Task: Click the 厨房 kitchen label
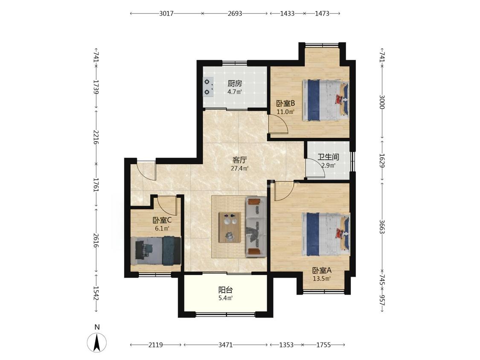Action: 235,83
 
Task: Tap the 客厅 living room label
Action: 240,160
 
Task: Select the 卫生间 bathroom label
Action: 328,157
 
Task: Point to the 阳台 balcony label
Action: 226,290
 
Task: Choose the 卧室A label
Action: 322,270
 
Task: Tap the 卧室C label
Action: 162,220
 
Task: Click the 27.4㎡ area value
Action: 239,168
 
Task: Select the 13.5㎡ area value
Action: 322,279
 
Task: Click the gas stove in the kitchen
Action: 209,87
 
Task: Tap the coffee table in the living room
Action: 230,227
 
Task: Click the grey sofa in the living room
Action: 256,226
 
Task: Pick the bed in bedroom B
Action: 326,100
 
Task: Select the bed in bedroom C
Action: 156,250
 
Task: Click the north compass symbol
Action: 97,342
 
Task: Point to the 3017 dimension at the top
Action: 166,14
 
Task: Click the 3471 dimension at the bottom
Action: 226,345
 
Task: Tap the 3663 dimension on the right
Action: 382,226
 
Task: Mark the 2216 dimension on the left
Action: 96,138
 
